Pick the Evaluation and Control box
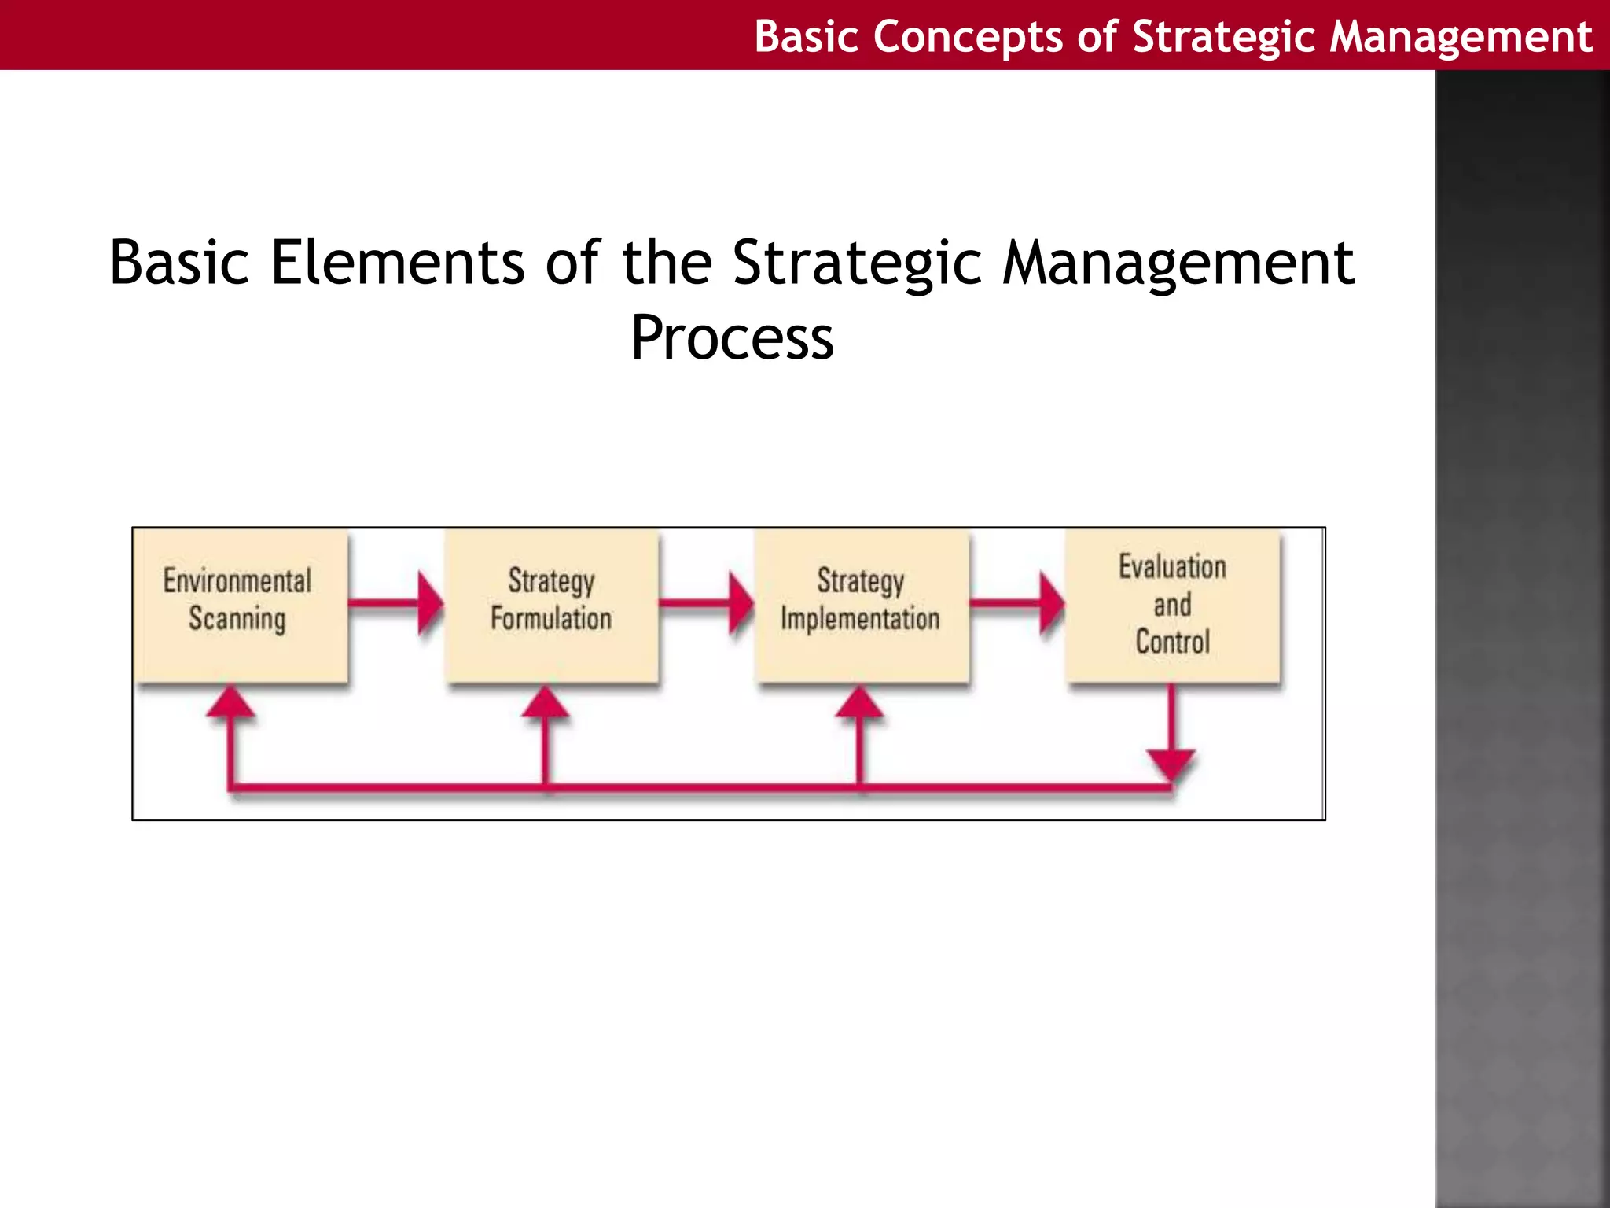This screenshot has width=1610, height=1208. pyautogui.click(x=1172, y=604)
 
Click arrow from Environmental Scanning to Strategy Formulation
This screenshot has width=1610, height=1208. pyautogui.click(x=393, y=604)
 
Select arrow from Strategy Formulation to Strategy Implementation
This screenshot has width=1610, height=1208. pyautogui.click(x=704, y=604)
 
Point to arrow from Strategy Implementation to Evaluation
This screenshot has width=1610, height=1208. pyautogui.click(x=1015, y=604)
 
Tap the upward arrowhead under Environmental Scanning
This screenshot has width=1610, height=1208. pyautogui.click(x=230, y=702)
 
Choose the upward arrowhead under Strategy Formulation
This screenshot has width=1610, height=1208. pyautogui.click(x=545, y=702)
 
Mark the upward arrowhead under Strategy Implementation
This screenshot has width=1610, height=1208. pyautogui.click(x=859, y=702)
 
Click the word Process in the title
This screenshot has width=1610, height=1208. pyautogui.click(x=732, y=338)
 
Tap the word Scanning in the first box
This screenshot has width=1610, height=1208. pyautogui.click(x=237, y=619)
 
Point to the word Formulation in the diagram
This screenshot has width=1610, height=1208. pyautogui.click(x=551, y=618)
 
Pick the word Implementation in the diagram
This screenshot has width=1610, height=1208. pyautogui.click(x=860, y=619)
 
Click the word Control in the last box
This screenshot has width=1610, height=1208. pyautogui.click(x=1172, y=642)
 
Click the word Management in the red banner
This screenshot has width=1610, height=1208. pyautogui.click(x=1461, y=37)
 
